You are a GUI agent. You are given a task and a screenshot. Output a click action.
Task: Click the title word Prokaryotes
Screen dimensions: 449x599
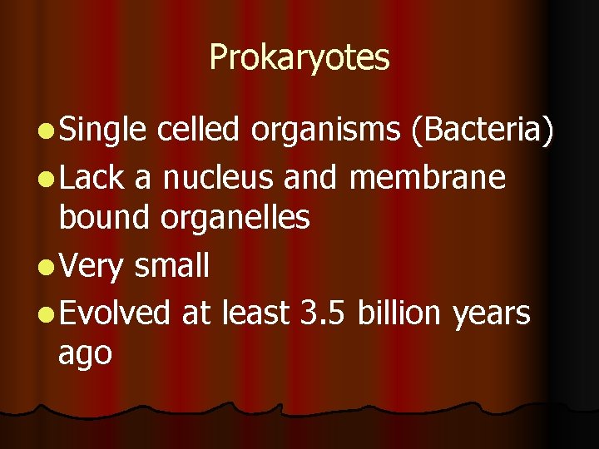(x=299, y=58)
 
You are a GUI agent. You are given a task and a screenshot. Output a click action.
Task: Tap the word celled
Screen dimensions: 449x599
(x=198, y=130)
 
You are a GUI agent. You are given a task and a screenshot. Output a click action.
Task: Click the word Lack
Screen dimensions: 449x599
(x=92, y=177)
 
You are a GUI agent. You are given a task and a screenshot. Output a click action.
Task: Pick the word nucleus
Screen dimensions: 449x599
(x=221, y=177)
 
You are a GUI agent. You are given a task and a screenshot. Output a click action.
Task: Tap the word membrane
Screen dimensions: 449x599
(x=428, y=177)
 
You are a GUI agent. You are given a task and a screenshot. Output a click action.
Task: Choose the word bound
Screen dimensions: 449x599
(x=97, y=218)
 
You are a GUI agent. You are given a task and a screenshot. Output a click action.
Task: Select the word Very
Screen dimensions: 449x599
(x=92, y=268)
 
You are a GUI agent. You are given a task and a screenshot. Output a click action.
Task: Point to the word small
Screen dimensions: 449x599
(x=171, y=266)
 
